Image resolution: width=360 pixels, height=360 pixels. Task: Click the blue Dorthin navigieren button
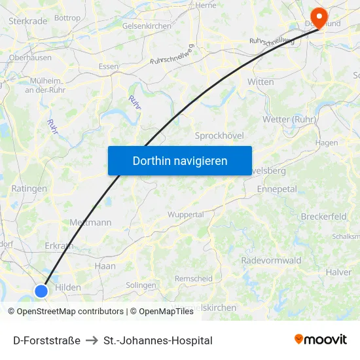click(179, 160)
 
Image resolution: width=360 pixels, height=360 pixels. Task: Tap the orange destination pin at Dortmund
click(319, 16)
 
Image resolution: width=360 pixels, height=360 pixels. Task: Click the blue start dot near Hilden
click(41, 291)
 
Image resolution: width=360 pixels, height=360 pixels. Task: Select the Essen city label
click(108, 66)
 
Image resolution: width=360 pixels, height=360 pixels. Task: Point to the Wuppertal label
click(185, 214)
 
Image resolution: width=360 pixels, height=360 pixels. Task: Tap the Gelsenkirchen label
click(147, 26)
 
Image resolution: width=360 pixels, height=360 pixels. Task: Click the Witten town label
click(261, 82)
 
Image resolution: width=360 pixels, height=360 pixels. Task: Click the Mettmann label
click(90, 223)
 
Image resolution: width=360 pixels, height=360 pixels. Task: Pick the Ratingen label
click(29, 189)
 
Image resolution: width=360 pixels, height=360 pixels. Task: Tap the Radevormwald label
click(271, 261)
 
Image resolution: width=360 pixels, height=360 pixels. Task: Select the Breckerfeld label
click(323, 217)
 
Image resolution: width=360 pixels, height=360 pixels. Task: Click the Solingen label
click(141, 285)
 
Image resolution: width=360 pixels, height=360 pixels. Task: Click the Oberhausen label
click(30, 58)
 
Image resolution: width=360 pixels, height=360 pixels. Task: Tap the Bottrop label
click(67, 18)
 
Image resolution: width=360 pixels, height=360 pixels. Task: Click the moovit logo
click(320, 340)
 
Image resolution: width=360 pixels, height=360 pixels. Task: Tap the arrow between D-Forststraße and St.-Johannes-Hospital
click(92, 340)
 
